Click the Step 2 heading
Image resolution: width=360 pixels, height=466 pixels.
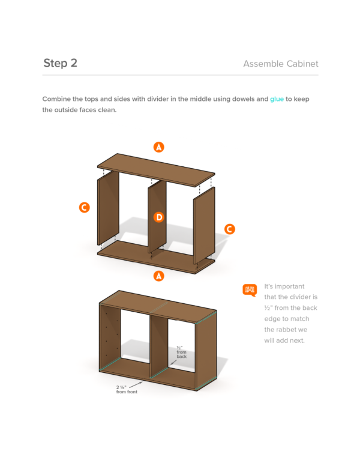pyautogui.click(x=60, y=63)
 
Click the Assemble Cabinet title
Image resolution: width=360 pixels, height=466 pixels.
pyautogui.click(x=281, y=64)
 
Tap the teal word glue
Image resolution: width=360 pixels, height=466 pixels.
pyautogui.click(x=277, y=99)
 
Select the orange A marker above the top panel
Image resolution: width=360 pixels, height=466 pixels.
pyautogui.click(x=159, y=147)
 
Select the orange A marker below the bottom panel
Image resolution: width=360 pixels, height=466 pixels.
pyautogui.click(x=159, y=276)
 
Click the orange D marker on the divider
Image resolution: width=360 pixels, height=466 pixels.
pyautogui.click(x=159, y=217)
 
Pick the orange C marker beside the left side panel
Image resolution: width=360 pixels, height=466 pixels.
pyautogui.click(x=85, y=207)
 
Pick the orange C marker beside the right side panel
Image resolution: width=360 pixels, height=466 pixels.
pyautogui.click(x=229, y=229)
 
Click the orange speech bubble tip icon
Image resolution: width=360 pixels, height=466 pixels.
pyautogui.click(x=250, y=290)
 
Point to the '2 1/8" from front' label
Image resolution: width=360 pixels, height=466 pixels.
pyautogui.click(x=127, y=389)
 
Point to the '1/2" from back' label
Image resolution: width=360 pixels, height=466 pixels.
pyautogui.click(x=181, y=352)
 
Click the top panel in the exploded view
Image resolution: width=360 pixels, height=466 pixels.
pyautogui.click(x=156, y=170)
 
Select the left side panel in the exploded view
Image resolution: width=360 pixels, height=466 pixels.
pyautogui.click(x=108, y=207)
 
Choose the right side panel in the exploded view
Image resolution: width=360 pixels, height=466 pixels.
pyautogui.click(x=204, y=225)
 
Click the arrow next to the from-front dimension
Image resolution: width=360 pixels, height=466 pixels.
pyautogui.click(x=136, y=385)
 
